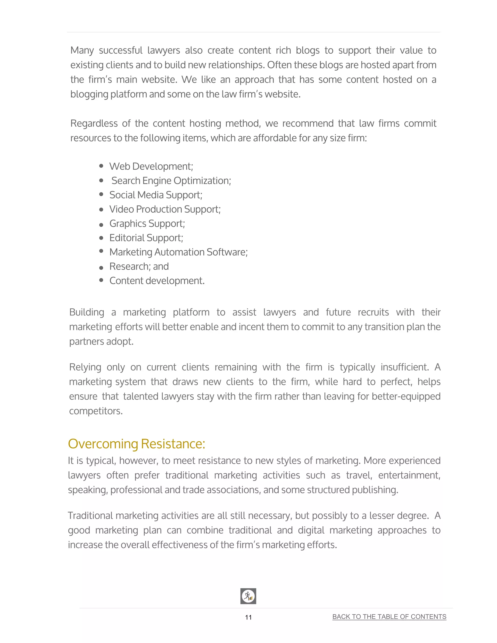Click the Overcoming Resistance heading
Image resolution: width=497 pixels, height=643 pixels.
[x=136, y=444]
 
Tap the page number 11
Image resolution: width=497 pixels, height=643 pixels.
[x=248, y=617]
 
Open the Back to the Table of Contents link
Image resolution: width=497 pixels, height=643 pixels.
[x=389, y=617]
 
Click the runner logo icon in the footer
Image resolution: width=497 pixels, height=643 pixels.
[x=248, y=596]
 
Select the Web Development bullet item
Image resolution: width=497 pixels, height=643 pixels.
[x=151, y=166]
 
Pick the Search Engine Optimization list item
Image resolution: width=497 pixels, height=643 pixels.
[x=171, y=181]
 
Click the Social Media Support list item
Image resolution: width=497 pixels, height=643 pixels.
[x=156, y=195]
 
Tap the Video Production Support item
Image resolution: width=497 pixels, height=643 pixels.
[x=165, y=209]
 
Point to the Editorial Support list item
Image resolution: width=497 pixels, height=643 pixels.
[x=146, y=238]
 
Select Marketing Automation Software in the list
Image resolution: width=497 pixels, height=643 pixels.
[x=178, y=252]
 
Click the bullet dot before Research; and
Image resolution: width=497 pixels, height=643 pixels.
[x=101, y=268]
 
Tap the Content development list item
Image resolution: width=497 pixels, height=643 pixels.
[x=157, y=280]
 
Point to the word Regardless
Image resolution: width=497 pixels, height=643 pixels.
[x=94, y=123]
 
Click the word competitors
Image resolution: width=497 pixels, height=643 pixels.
[x=96, y=411]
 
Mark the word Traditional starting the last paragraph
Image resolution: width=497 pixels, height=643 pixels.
[x=90, y=516]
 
